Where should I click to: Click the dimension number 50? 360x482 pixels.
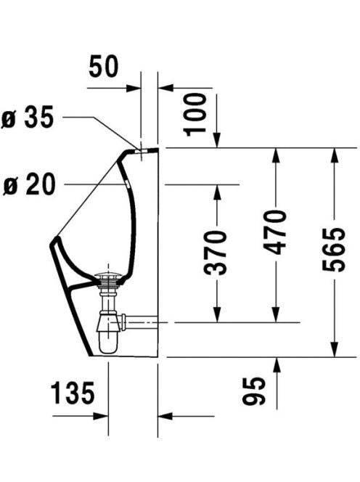[x=103, y=66]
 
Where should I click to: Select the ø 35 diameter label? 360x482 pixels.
[x=28, y=117]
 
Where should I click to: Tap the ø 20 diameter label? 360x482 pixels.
[x=29, y=184]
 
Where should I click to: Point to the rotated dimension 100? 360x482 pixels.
[x=195, y=115]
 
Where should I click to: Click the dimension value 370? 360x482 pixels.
[x=215, y=253]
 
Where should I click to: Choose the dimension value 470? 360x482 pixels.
[x=275, y=232]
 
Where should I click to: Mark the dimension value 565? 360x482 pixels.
[x=334, y=250]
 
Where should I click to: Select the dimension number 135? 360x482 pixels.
[x=73, y=393]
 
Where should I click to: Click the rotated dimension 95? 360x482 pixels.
[x=254, y=391]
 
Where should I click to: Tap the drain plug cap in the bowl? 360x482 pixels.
[x=108, y=274]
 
